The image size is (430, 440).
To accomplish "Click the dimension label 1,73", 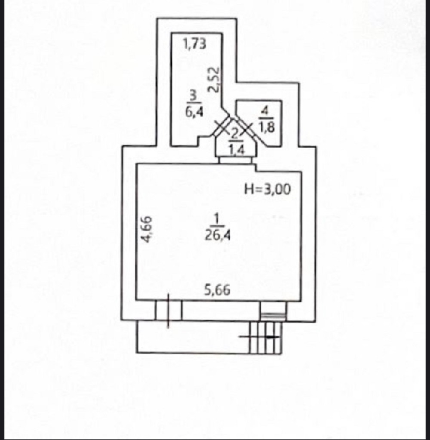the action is [194, 44].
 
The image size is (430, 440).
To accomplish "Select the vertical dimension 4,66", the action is [147, 229].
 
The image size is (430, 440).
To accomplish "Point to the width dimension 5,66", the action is [217, 290].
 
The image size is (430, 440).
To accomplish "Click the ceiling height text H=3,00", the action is [267, 189].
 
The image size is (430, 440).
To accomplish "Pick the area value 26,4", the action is [218, 235].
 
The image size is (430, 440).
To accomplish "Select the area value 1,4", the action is [236, 150].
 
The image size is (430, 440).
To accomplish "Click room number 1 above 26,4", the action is [216, 218].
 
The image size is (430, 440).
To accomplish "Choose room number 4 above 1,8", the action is [264, 111].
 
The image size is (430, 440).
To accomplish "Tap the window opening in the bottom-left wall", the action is [169, 311].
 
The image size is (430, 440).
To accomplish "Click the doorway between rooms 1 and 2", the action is [236, 160].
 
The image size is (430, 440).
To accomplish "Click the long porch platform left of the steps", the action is [193, 337].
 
